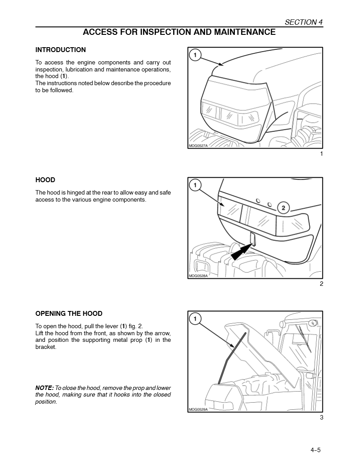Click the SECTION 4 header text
pos(301,22)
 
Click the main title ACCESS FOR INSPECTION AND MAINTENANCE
pos(179,32)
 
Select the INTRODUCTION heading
pos(60,50)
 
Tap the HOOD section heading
pos(45,180)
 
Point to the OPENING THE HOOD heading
pos(69,314)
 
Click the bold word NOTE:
pos(45,388)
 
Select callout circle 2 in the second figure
pos(283,208)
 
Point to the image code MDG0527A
pos(198,146)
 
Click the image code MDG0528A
pos(198,276)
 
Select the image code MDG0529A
pos(198,409)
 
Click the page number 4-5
pos(315,450)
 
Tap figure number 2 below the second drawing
pos(321,284)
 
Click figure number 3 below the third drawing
pos(321,418)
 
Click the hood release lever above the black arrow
pos(253,238)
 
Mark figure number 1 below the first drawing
pos(321,154)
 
